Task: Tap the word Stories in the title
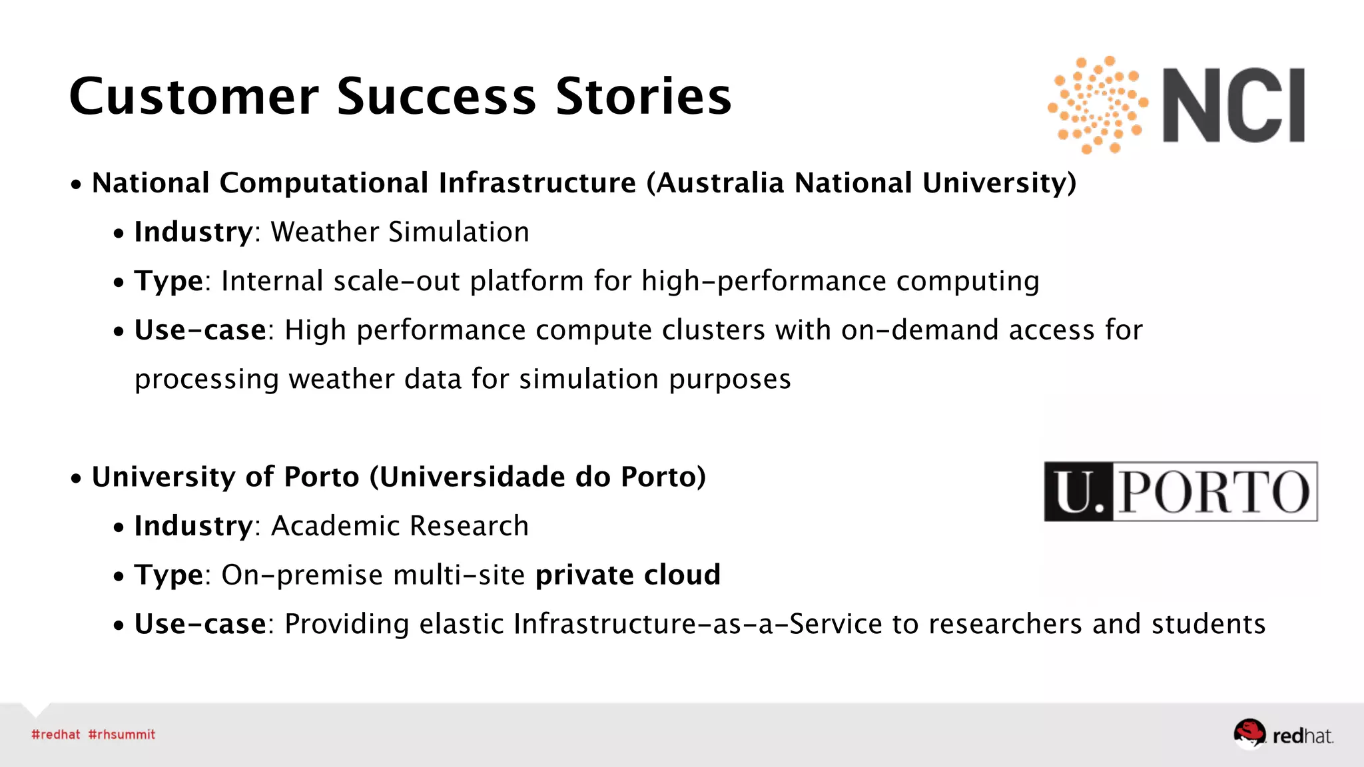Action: [643, 97]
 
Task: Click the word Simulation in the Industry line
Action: [459, 232]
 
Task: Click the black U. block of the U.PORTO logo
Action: [1078, 492]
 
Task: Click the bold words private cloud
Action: [628, 575]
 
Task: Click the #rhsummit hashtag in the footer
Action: [122, 734]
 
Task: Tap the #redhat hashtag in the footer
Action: [56, 734]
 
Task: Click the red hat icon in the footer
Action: [1249, 733]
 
